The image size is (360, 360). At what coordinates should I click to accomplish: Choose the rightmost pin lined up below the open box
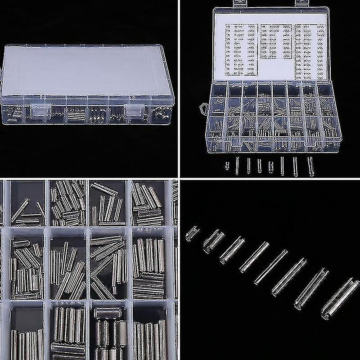pyautogui.click(x=310, y=166)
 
